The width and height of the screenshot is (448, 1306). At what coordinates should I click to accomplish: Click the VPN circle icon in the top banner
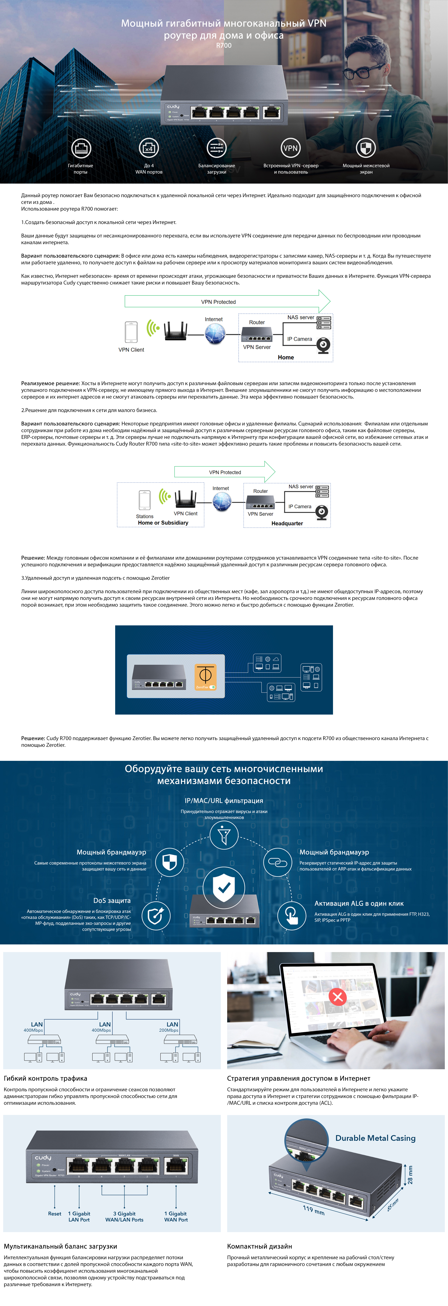[290, 148]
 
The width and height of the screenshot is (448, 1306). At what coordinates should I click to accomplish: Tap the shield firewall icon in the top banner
[366, 148]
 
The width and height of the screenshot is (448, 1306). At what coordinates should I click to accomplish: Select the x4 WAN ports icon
[149, 148]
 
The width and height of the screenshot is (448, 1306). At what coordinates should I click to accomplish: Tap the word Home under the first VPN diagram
[286, 357]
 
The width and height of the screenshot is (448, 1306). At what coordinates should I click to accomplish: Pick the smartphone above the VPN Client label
[131, 332]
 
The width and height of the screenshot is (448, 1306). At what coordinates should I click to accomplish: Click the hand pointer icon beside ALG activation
[292, 915]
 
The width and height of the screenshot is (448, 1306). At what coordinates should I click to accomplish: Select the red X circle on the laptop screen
[337, 997]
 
